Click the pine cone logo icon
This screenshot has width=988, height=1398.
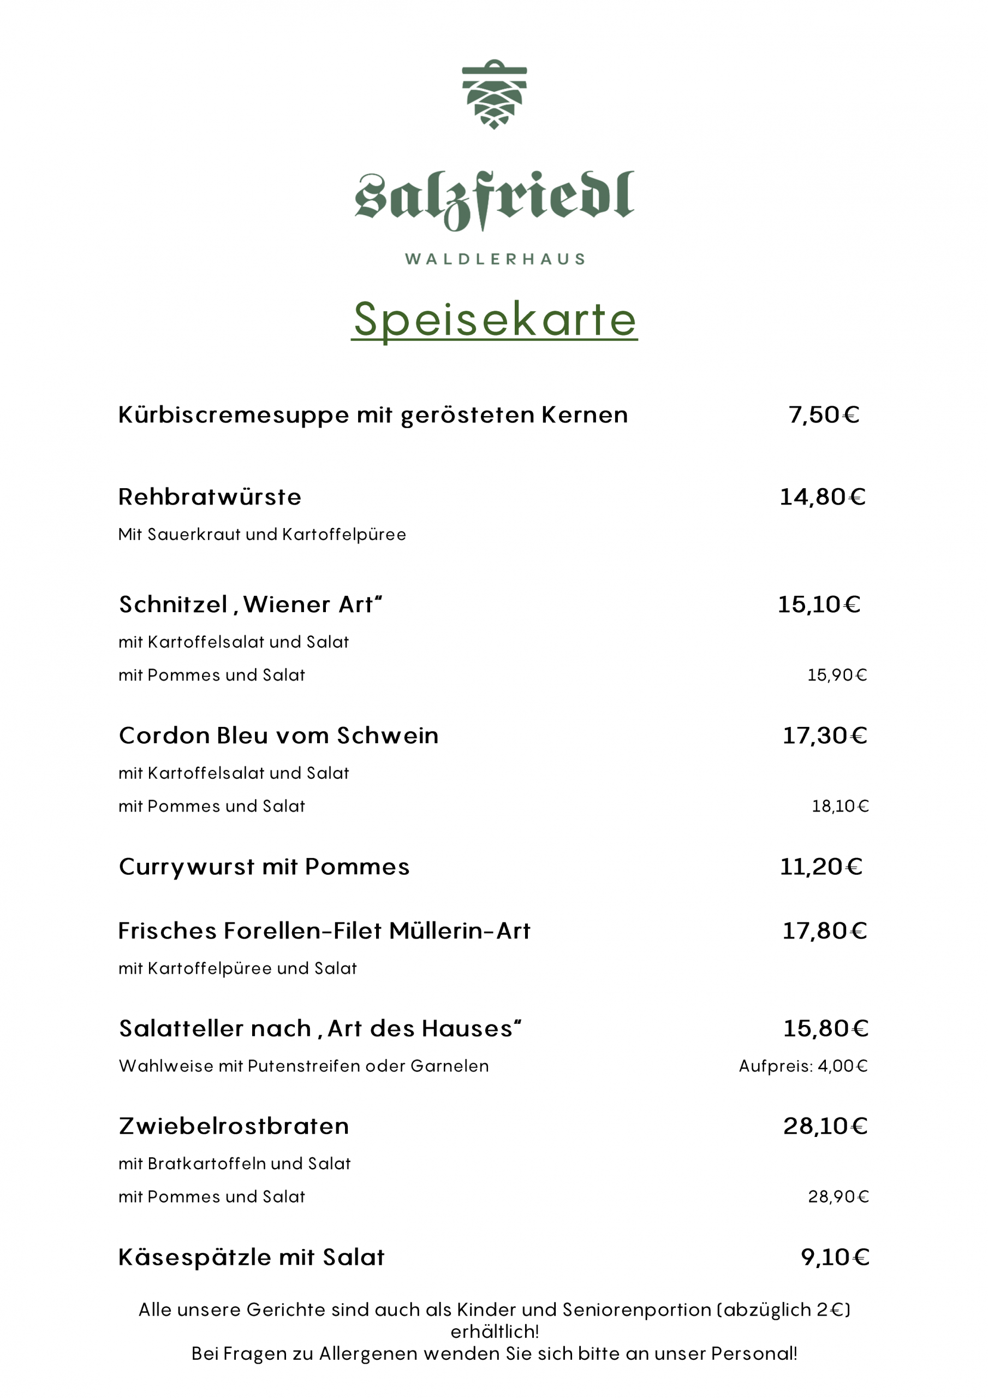click(495, 94)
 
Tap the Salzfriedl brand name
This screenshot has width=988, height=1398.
click(495, 199)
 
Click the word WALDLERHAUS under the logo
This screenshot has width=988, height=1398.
click(495, 259)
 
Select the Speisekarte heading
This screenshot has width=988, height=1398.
click(495, 319)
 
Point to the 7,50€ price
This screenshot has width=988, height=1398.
click(824, 415)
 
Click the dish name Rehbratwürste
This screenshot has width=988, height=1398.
click(210, 497)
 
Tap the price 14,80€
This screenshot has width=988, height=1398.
click(823, 497)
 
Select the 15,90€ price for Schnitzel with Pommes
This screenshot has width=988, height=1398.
click(837, 676)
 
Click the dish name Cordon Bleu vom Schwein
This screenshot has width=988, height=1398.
click(278, 736)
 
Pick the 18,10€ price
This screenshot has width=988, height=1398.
click(840, 807)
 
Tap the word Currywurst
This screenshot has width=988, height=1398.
click(187, 868)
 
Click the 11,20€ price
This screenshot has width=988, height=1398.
click(821, 867)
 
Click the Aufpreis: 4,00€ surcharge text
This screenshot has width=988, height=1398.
click(803, 1066)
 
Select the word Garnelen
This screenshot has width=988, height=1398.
click(449, 1066)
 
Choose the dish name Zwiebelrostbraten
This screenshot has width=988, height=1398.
click(234, 1127)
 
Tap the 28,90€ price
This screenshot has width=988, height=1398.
click(838, 1197)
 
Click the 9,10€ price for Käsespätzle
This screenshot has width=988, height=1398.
click(835, 1257)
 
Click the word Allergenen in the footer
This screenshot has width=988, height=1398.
click(369, 1354)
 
